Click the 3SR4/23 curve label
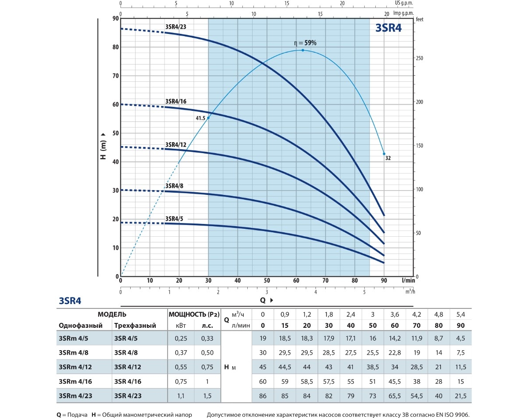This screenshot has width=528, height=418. click(176, 26)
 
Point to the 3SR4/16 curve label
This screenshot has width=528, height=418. click(176, 101)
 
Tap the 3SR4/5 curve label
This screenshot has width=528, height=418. click(174, 219)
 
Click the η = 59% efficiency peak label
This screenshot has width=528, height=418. click(305, 43)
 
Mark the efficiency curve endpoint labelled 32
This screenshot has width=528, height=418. click(388, 158)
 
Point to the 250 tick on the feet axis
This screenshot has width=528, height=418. click(420, 59)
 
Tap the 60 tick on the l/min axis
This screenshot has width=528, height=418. click(296, 280)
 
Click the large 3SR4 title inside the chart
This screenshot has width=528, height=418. click(388, 28)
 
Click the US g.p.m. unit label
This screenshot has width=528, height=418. click(405, 3)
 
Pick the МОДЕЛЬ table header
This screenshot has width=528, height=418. click(112, 315)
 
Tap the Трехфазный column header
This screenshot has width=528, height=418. click(135, 326)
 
